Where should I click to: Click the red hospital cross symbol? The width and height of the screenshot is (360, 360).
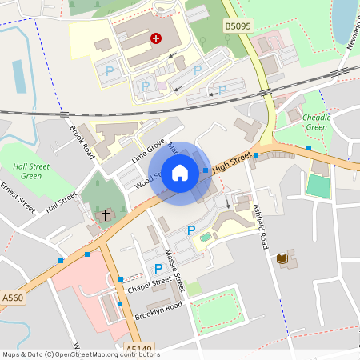pos(155,38)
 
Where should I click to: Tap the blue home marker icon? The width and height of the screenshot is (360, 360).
pos(180,172)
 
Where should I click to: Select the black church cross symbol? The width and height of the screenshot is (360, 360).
pos(103,214)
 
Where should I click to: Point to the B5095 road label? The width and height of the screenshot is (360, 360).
pos(237,26)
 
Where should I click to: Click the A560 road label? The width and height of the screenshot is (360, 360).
pos(12,298)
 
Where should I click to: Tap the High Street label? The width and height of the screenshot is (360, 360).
pos(233,160)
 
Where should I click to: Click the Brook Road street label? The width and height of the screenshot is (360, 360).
pos(82,142)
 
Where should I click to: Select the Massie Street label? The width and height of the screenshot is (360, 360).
pos(174,270)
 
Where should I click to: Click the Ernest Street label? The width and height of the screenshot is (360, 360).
pos(18,198)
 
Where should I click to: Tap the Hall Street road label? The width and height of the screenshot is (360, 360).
pos(62,201)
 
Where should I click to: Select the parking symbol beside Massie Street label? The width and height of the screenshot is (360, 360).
pos(158,269)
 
